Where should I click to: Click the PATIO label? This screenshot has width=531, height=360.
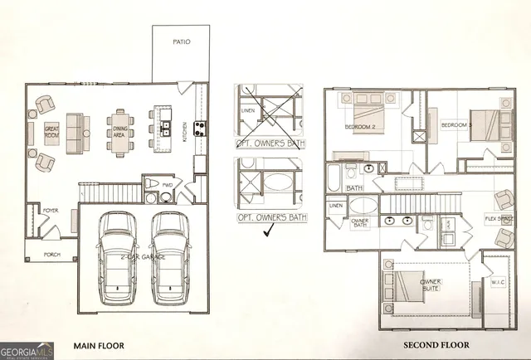tap(182, 41)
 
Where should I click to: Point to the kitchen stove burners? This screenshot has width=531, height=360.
tap(199, 128)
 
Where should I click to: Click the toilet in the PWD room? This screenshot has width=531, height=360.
tap(153, 183)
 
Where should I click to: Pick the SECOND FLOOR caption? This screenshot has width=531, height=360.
tap(436, 345)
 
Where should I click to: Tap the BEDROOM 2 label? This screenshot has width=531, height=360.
tap(361, 127)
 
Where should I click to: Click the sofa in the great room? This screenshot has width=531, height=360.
tap(79, 133)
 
